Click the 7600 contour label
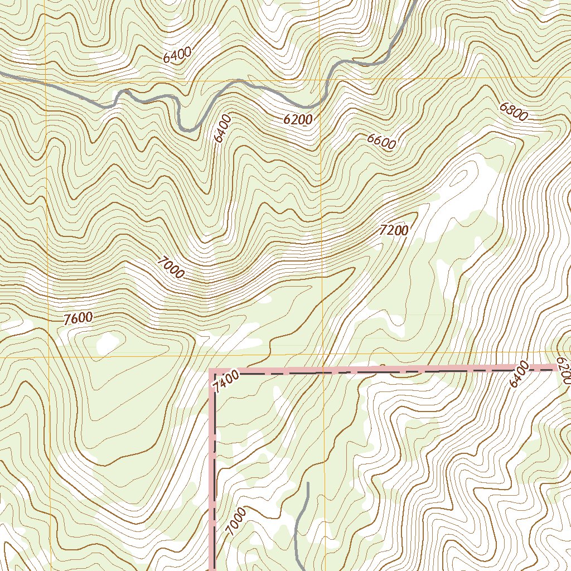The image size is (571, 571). coord(78,318)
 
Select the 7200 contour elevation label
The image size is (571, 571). coord(394,230)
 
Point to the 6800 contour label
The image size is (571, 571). coord(513,112)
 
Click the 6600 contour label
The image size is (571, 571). coord(381,141)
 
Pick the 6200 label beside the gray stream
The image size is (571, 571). coord(298,119)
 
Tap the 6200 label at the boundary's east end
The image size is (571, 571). coord(563,371)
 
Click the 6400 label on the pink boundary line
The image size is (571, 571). coord(519,374)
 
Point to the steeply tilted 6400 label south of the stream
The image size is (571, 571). coord(222,128)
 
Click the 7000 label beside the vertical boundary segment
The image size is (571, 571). coord(236,522)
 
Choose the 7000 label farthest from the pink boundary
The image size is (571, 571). coord(171,267)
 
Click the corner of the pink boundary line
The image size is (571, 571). coord(212,370)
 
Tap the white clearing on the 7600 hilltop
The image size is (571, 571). coord(108,343)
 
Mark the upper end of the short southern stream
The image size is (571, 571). coord(307,483)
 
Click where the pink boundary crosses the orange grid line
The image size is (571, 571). coord(323,370)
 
